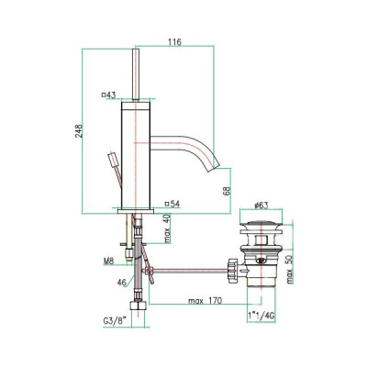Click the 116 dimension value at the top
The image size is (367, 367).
174,42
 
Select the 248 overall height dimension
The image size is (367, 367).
79,131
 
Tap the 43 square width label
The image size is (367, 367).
109,95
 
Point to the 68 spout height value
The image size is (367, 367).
227,191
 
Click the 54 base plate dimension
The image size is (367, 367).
172,204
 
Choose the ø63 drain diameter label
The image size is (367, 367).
261,206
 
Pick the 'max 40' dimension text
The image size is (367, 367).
167,228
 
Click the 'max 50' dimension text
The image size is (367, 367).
290,270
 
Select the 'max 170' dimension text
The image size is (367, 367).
205,301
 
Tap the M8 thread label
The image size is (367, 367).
108,261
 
